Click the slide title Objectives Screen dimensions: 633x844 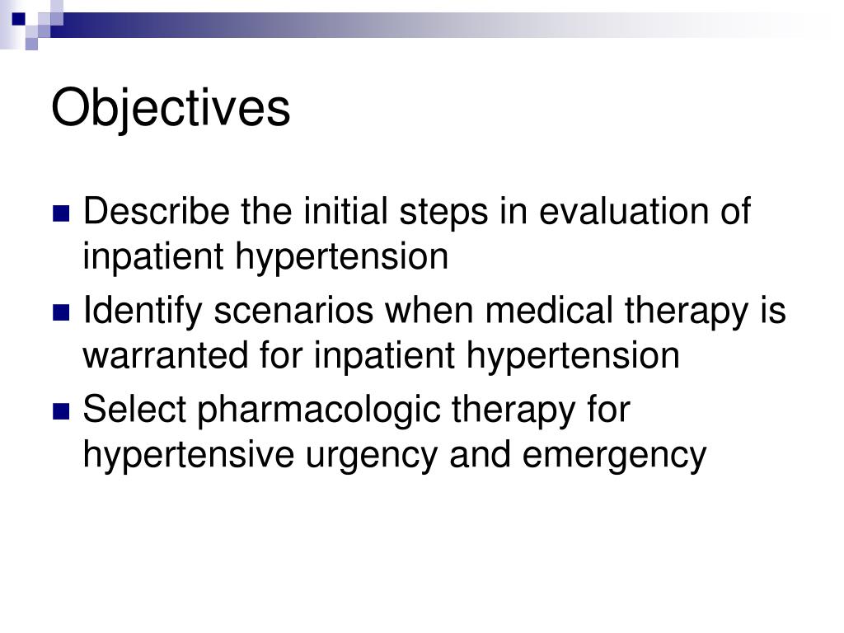click(171, 108)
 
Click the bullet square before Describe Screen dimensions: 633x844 click(61, 213)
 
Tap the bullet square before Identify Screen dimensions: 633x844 click(61, 312)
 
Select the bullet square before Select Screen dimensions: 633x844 click(61, 411)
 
